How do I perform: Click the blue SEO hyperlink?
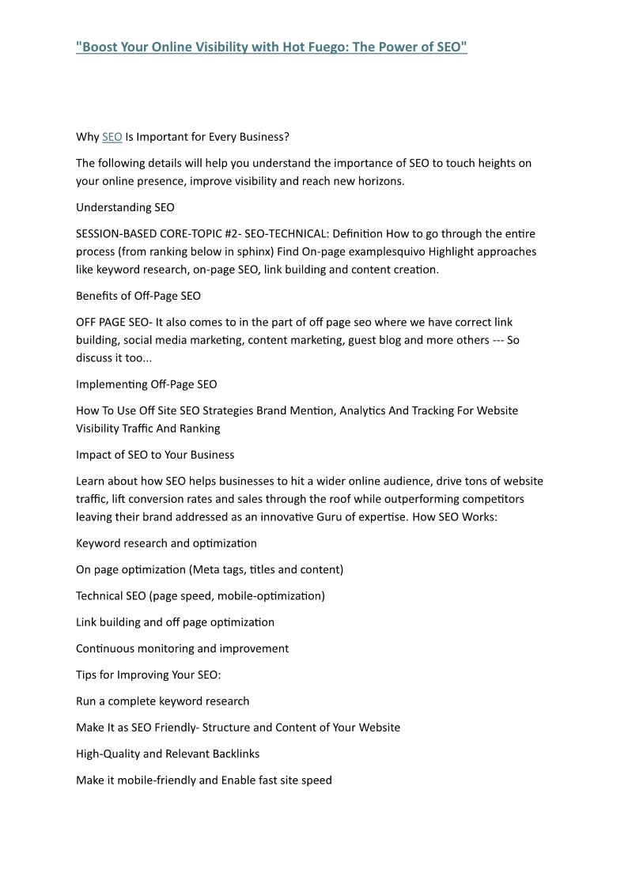(x=112, y=137)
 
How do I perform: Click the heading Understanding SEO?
(x=125, y=207)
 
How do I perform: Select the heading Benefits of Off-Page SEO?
(x=138, y=296)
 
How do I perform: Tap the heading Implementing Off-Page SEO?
(x=146, y=384)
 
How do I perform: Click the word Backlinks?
(x=233, y=754)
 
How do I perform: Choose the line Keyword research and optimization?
(x=166, y=543)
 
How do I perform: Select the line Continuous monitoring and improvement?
(x=182, y=648)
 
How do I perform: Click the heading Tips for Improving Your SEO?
(x=148, y=675)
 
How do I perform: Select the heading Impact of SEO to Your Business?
(x=155, y=455)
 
